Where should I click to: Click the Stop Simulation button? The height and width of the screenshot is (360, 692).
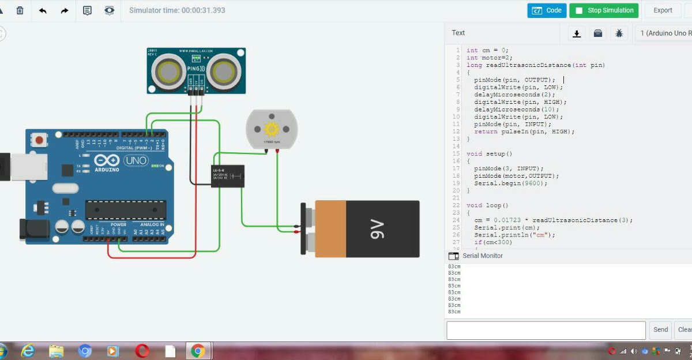(604, 10)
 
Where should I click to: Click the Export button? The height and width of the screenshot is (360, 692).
(663, 10)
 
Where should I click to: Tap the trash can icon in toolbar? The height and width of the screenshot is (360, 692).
(20, 10)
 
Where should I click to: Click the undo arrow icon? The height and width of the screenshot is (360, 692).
(43, 10)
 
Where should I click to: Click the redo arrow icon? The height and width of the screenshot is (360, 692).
(65, 10)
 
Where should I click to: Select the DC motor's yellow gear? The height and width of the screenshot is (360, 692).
(271, 129)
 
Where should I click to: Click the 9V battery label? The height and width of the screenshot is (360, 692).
(377, 228)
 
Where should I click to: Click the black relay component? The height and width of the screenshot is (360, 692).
(227, 175)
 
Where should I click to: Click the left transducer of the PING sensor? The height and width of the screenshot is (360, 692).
(168, 72)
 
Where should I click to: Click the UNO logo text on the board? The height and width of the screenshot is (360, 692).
(136, 160)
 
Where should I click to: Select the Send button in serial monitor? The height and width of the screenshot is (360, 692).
(660, 330)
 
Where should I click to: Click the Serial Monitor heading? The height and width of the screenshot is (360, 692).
(483, 256)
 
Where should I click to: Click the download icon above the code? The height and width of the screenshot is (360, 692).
(576, 33)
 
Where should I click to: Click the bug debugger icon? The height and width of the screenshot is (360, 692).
(619, 33)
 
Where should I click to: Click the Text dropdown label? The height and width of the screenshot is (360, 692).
(458, 33)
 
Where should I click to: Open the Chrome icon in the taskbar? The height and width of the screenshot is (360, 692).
(198, 351)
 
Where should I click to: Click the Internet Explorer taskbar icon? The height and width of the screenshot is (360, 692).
(27, 351)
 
